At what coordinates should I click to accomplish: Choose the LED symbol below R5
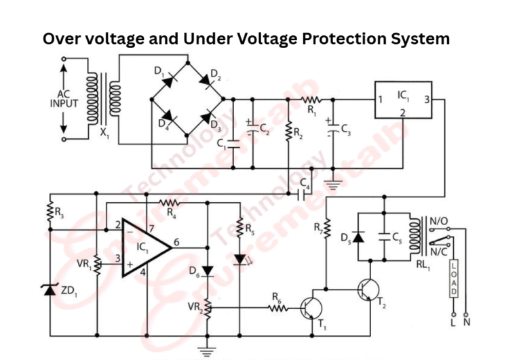[x=239, y=259]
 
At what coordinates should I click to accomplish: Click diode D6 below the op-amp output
[x=208, y=272]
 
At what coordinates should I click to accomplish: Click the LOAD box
[x=453, y=279]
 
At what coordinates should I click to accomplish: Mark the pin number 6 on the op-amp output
[x=176, y=241]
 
